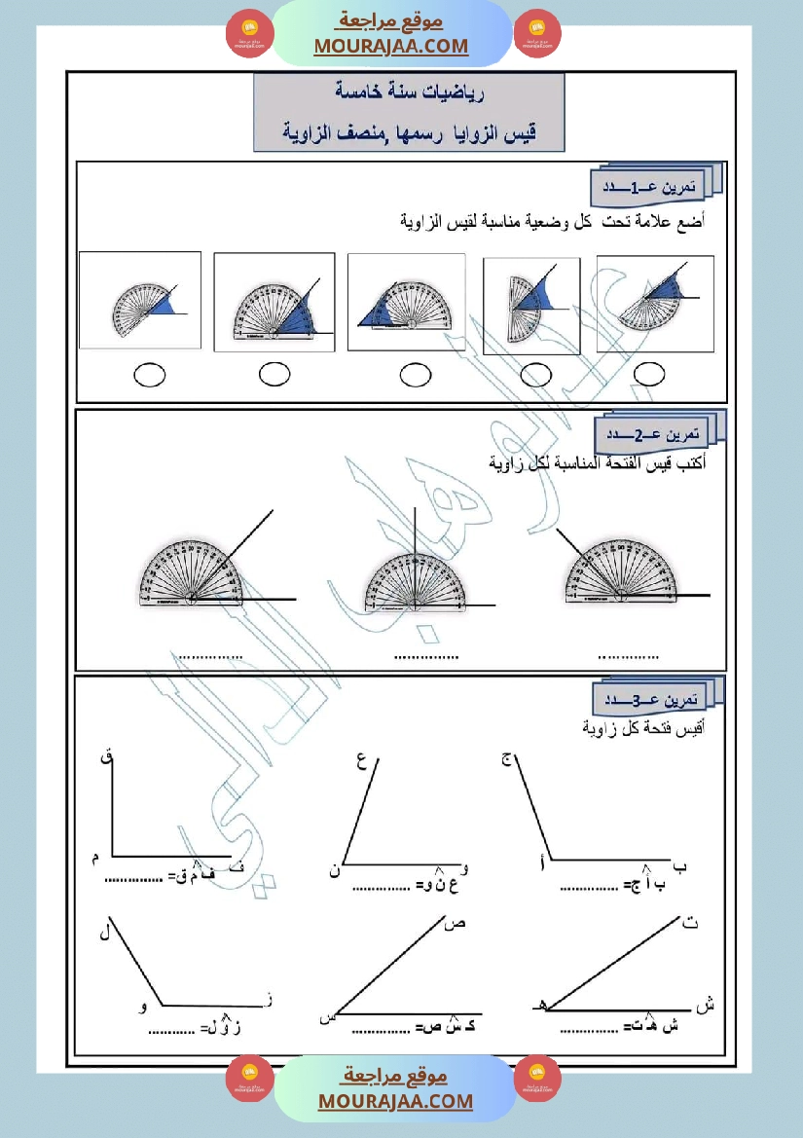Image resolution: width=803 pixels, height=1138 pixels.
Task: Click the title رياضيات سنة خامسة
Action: click(x=410, y=94)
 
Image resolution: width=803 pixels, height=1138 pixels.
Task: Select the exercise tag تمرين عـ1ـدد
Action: click(x=650, y=185)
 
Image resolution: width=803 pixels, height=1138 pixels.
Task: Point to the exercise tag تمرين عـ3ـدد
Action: click(x=651, y=700)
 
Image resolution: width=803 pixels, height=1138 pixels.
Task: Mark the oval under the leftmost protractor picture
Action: click(x=149, y=374)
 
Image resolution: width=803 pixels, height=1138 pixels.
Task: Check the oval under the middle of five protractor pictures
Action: click(x=416, y=374)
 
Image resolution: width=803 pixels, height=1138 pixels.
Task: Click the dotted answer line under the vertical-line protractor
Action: click(x=426, y=658)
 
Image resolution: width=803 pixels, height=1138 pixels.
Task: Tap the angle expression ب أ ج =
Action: click(x=639, y=885)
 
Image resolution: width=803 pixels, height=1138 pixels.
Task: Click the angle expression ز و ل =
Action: click(x=223, y=1028)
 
